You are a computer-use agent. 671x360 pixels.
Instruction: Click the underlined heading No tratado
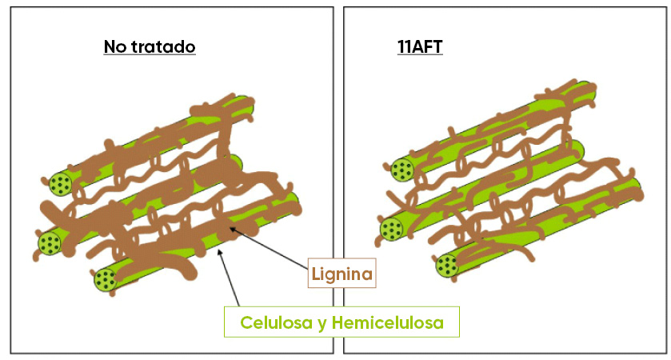(150, 46)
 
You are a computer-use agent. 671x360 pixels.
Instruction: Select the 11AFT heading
(419, 46)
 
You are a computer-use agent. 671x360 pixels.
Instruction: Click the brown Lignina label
(341, 275)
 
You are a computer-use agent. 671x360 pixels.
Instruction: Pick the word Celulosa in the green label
(274, 324)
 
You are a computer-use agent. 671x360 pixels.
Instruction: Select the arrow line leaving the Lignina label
(272, 249)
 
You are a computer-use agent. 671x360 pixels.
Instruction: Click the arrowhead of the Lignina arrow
(231, 230)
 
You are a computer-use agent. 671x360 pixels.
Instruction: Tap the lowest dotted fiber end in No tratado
(105, 279)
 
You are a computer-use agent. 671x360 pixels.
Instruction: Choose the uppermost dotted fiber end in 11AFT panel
(401, 169)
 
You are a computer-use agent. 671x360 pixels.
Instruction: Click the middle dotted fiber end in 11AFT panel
(391, 230)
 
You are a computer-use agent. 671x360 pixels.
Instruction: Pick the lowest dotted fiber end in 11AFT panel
(447, 265)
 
